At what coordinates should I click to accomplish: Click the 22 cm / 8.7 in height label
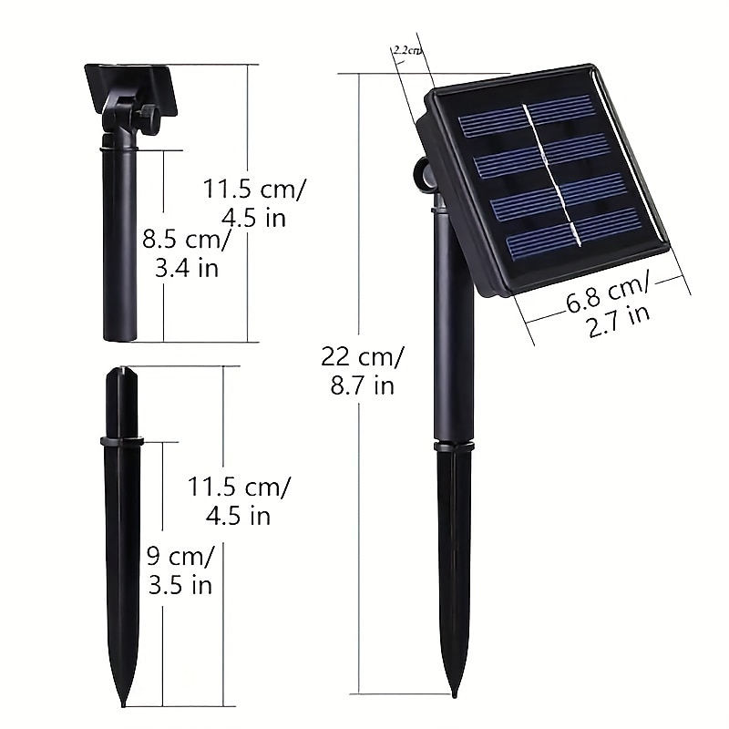[363, 371]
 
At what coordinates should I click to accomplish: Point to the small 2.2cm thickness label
[407, 50]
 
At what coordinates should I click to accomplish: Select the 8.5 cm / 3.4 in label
[187, 254]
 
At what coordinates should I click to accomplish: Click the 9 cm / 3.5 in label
[180, 570]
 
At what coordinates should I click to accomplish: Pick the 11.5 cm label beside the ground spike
[239, 500]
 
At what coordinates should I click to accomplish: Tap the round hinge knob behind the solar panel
[423, 174]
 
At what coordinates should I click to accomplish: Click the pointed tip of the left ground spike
[123, 705]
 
